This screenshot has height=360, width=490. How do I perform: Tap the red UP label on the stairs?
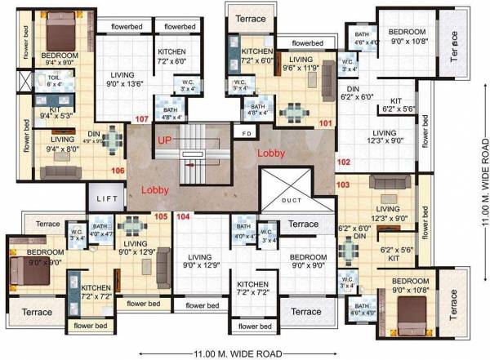[x=164, y=141]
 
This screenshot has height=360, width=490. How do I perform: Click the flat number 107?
[x=142, y=120]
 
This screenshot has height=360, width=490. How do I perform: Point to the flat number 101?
[x=325, y=124]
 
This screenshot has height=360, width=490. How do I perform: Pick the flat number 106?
[x=118, y=171]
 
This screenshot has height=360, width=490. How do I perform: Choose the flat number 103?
[x=343, y=185]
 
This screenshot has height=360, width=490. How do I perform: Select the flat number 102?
[x=343, y=162]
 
